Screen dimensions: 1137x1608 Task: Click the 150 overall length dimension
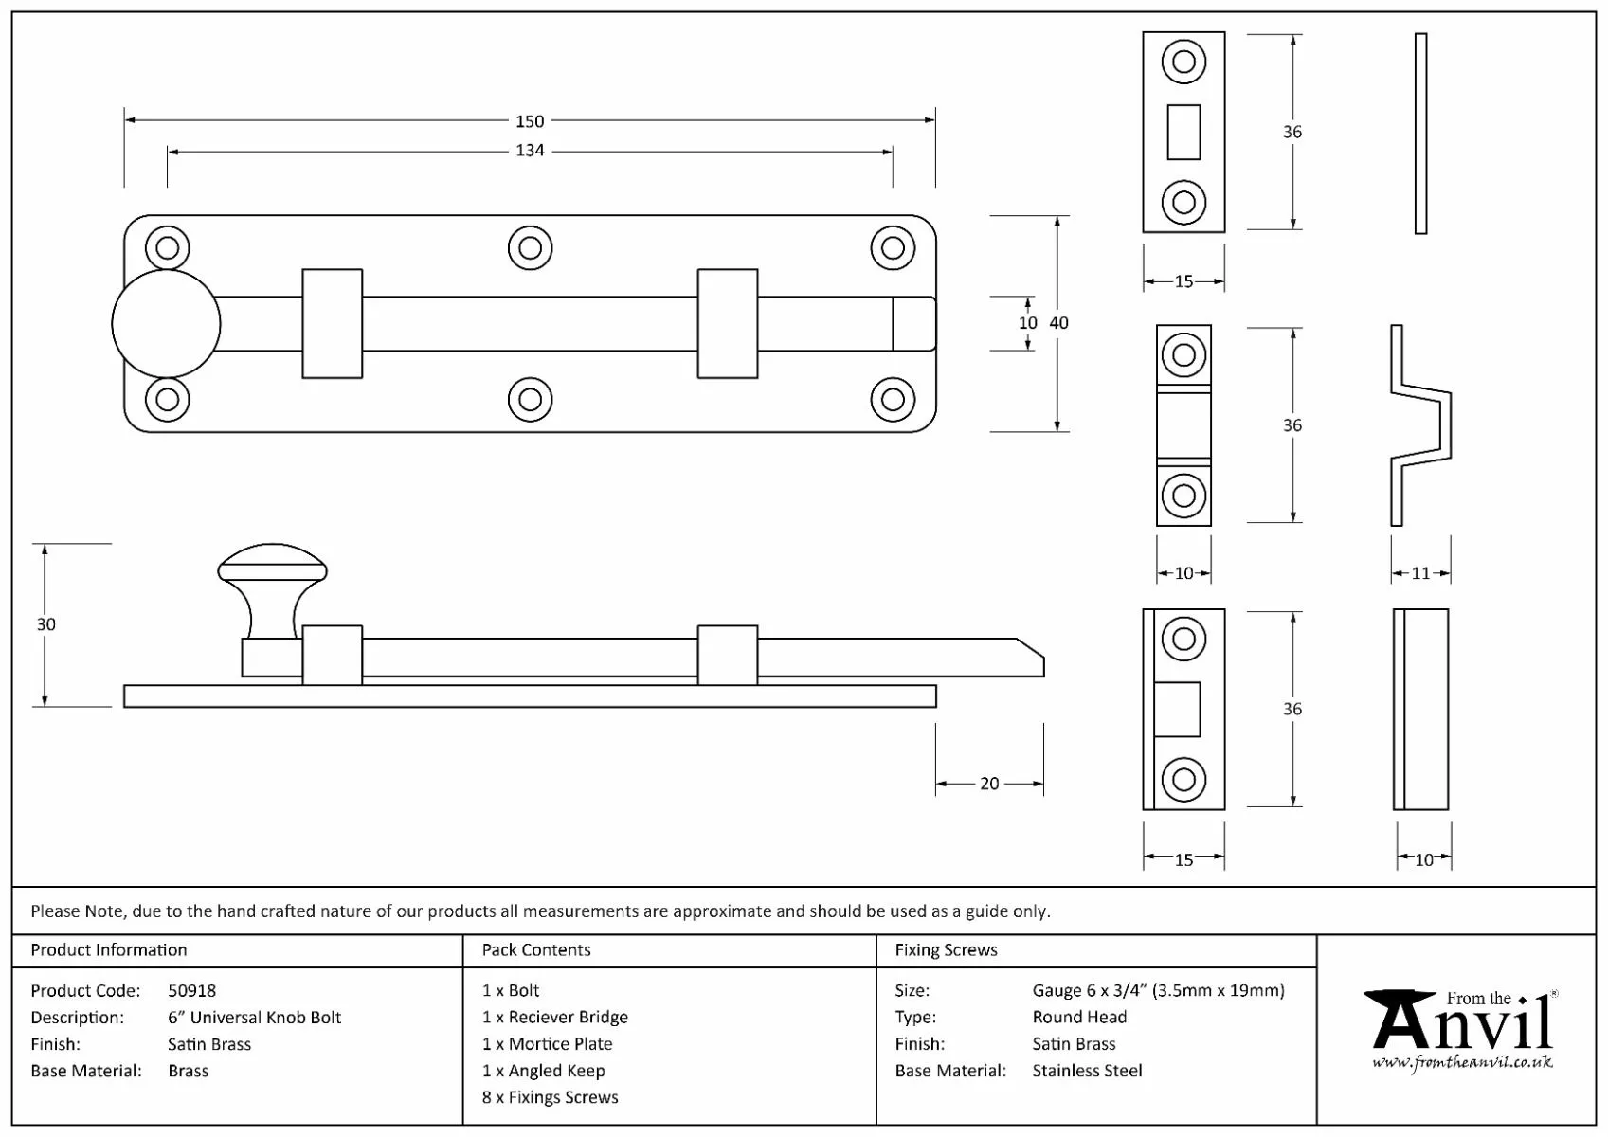point(530,121)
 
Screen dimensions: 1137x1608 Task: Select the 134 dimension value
point(530,151)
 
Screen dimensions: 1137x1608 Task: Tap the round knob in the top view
point(166,324)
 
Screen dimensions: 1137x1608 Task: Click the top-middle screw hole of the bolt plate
point(530,248)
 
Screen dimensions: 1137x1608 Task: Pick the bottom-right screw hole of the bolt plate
point(892,400)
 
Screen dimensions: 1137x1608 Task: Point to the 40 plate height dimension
point(1059,323)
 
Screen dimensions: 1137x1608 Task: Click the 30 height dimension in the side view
point(45,624)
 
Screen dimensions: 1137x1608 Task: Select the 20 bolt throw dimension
point(989,784)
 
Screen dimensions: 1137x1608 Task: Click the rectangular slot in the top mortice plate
point(1183,132)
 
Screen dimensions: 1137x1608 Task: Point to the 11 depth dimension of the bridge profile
point(1420,573)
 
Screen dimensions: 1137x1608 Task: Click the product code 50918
point(191,991)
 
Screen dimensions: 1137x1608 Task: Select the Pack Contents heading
point(536,950)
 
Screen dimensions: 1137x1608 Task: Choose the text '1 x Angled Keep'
point(543,1071)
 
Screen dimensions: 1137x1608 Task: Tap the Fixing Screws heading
point(946,950)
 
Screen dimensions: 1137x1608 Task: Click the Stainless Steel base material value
point(1087,1071)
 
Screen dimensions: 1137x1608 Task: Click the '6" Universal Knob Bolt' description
point(254,1018)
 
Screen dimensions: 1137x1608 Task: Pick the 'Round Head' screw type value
point(1079,1018)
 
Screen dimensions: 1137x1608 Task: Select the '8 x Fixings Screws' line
point(550,1097)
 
